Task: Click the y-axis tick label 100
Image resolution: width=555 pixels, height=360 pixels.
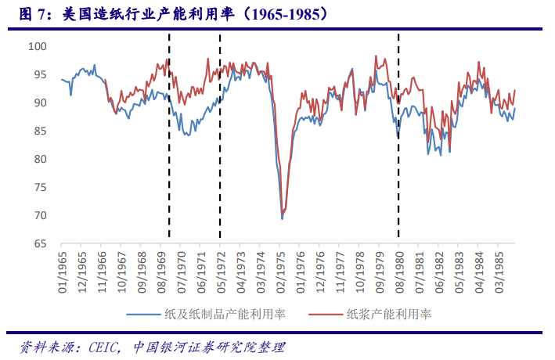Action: [38, 47]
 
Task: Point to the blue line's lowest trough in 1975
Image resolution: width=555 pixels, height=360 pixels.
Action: [282, 218]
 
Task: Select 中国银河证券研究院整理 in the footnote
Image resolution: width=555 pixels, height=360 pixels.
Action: [208, 347]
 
